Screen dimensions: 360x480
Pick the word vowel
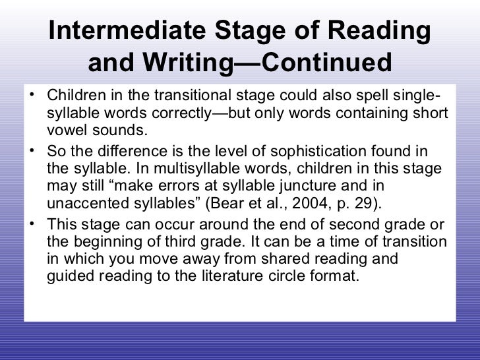(69, 129)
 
